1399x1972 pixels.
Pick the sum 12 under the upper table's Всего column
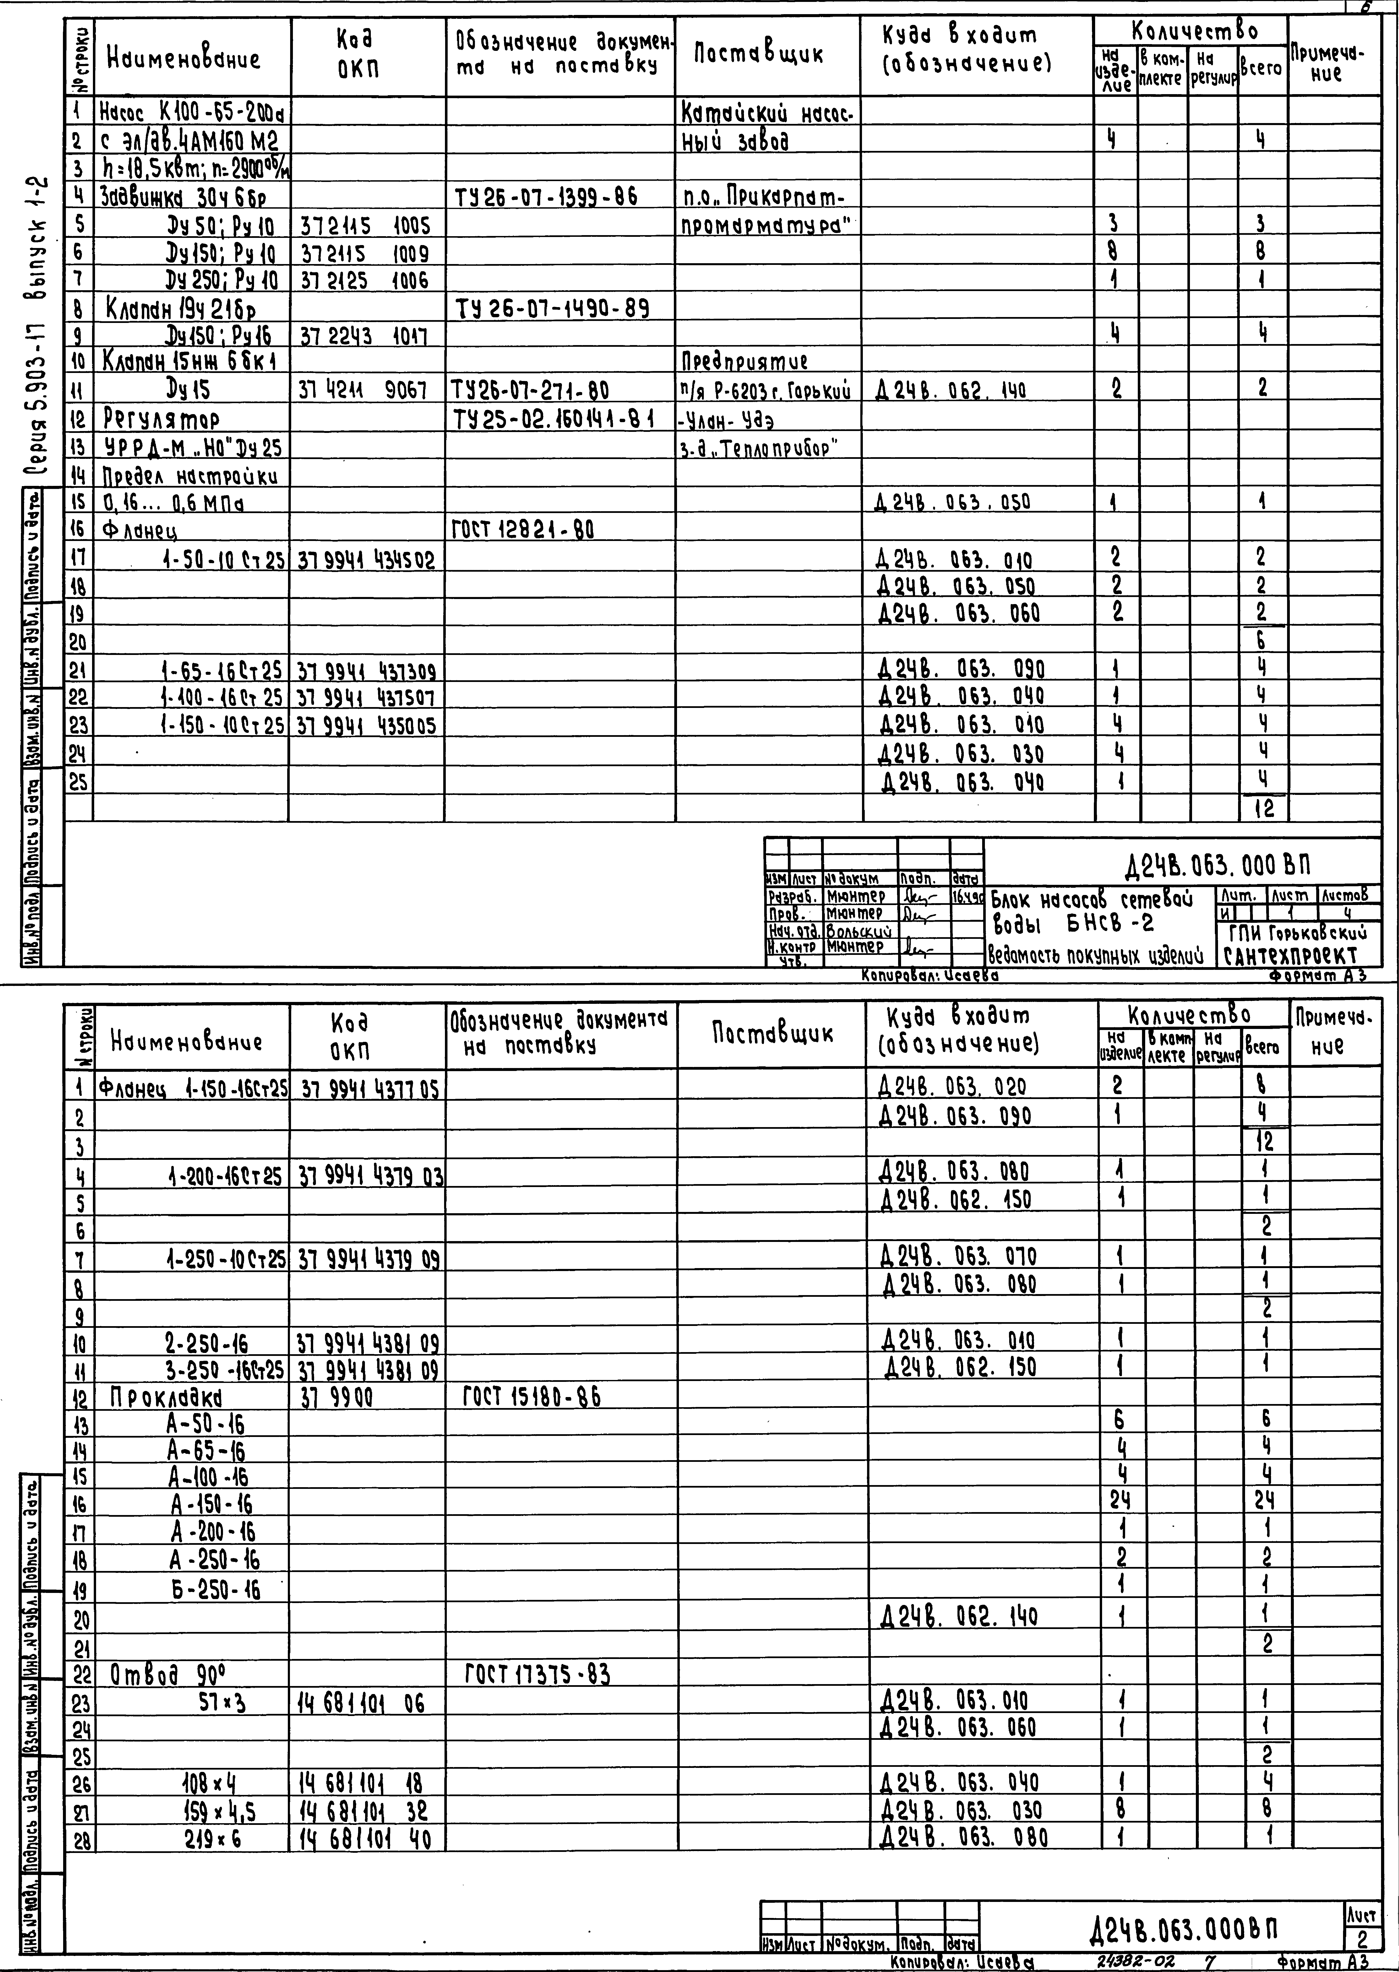(x=1263, y=809)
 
